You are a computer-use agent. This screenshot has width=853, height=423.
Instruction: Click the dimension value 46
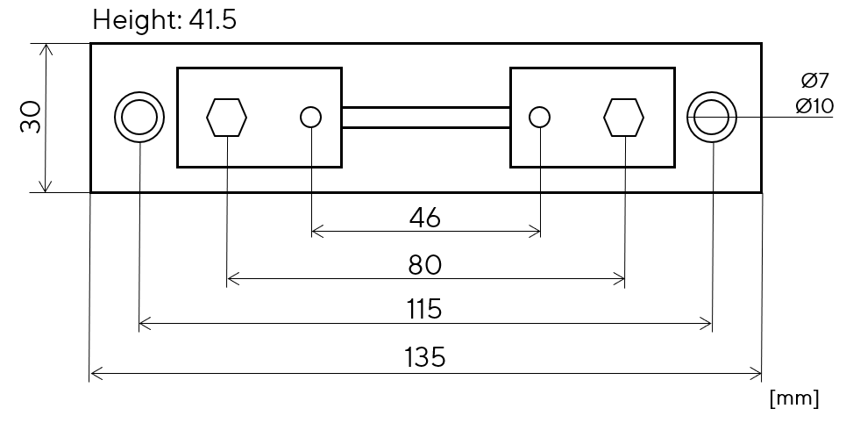(425, 218)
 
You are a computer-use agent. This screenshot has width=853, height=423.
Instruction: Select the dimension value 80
(425, 266)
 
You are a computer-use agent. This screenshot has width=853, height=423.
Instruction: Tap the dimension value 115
(425, 309)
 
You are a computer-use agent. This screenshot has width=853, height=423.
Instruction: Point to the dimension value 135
(425, 358)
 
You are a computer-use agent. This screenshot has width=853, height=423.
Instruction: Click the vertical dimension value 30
(31, 117)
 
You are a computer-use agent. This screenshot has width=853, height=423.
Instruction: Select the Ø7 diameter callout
(814, 81)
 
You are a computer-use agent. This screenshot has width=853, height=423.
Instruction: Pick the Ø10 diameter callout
(814, 105)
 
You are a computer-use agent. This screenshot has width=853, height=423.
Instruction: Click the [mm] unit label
(794, 398)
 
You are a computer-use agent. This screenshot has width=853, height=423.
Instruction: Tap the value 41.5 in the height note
(213, 21)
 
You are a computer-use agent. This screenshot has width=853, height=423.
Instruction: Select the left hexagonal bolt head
(226, 117)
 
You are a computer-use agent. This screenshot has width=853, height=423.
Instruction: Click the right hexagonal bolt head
(623, 117)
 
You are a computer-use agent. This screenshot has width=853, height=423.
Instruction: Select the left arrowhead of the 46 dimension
(316, 232)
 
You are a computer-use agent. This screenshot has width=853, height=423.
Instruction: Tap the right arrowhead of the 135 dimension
(756, 374)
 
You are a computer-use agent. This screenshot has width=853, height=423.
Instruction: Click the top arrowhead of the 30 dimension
(46, 49)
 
